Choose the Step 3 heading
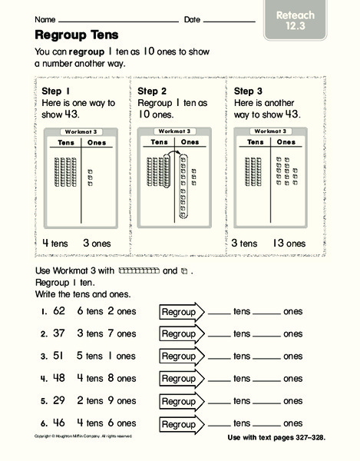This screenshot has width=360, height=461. click(246, 91)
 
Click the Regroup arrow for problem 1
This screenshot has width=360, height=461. click(181, 312)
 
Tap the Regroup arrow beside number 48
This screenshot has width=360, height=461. click(181, 379)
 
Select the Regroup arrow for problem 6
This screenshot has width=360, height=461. click(181, 423)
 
